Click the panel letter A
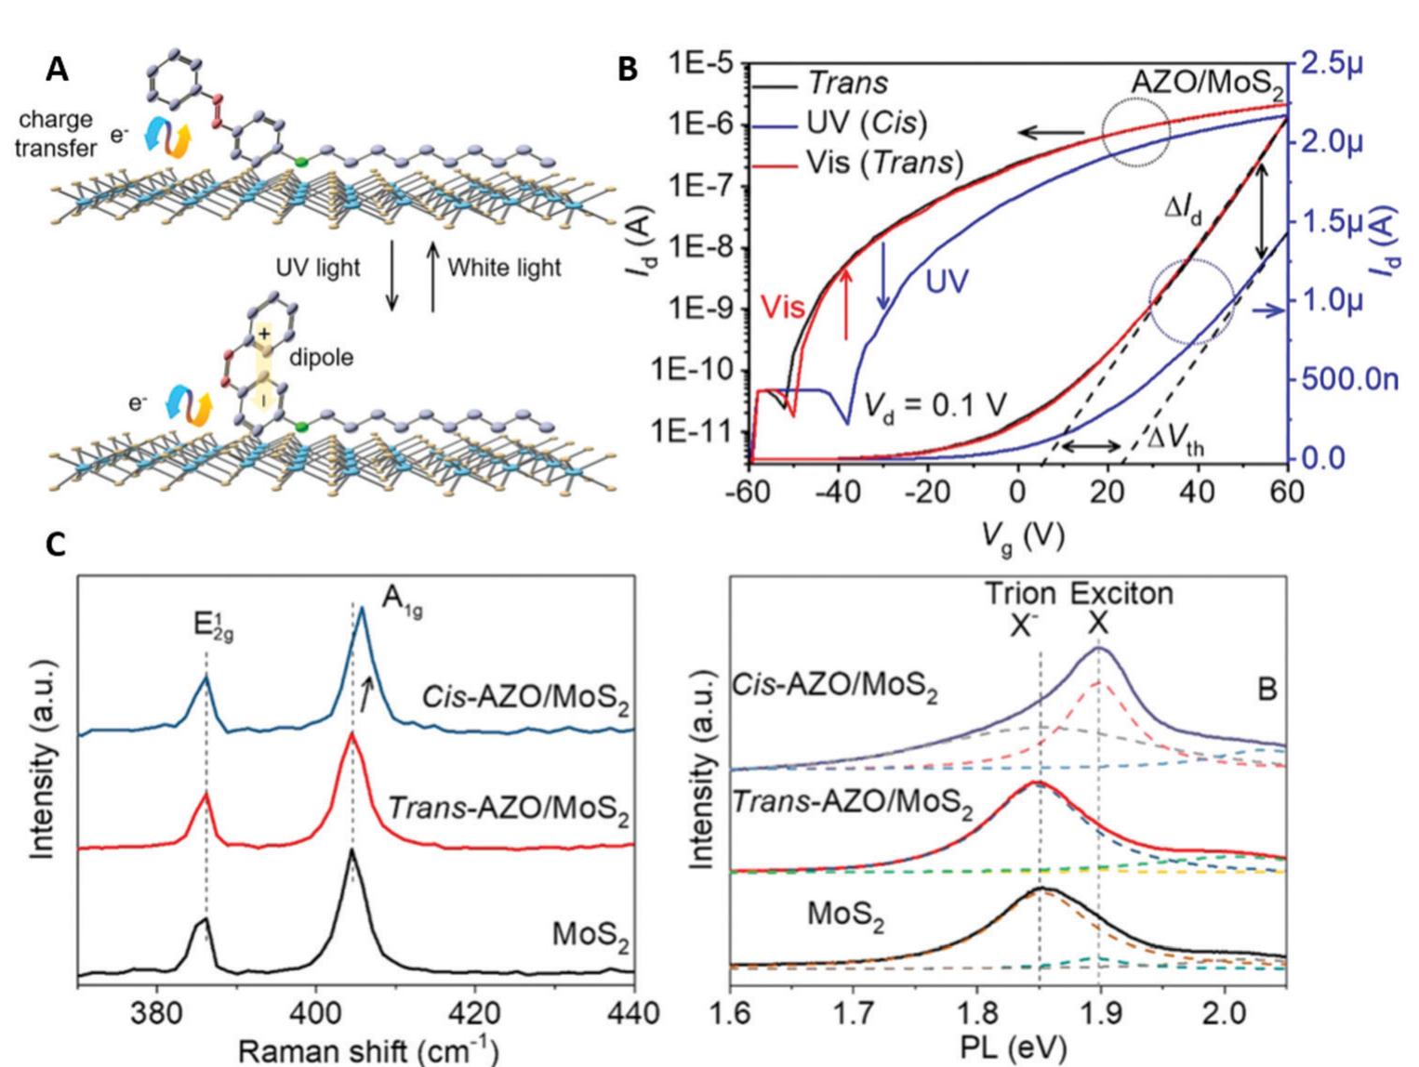(57, 70)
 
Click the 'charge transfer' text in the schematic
(55, 134)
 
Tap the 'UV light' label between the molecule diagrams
(317, 268)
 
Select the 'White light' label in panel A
(504, 268)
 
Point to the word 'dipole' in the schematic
(321, 357)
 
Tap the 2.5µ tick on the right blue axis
(1333, 64)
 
